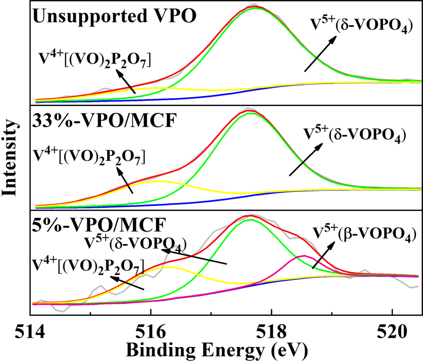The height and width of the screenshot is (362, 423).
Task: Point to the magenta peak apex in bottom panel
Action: (303, 256)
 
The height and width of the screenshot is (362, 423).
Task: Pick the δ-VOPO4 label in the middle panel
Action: (353, 134)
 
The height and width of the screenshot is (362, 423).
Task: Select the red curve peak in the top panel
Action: (255, 7)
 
